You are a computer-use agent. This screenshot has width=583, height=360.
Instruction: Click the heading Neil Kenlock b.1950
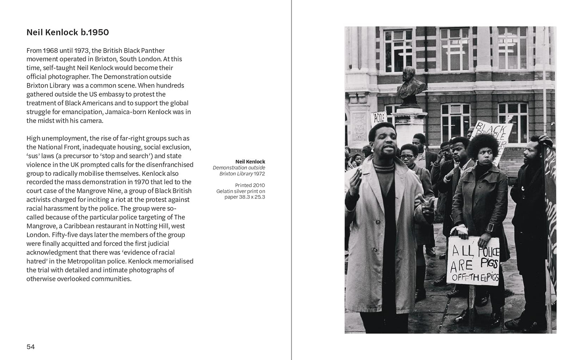[x=67, y=32]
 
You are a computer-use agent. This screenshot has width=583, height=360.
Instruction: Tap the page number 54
[x=31, y=347]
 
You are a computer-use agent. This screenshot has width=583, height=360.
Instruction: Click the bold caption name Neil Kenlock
[x=250, y=162]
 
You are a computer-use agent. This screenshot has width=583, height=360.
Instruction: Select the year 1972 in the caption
[x=259, y=174]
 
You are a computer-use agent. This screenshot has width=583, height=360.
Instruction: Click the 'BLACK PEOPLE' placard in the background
[x=491, y=135]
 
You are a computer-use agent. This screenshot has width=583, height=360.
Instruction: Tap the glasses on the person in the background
[x=408, y=156]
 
